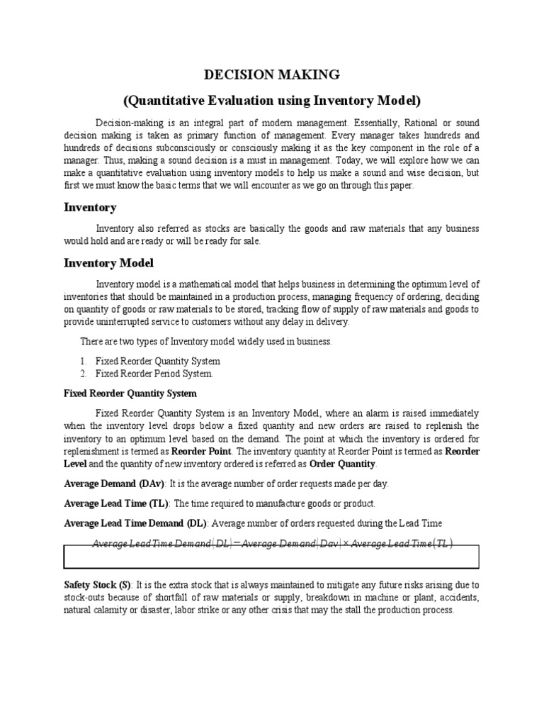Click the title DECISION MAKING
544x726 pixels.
click(272, 74)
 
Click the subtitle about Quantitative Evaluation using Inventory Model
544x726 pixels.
click(272, 100)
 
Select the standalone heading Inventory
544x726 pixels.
click(90, 208)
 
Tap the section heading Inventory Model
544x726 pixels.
click(108, 263)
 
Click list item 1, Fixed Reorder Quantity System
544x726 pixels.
click(157, 361)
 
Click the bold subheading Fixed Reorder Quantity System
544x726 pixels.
click(130, 393)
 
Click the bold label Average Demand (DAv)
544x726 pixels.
click(114, 484)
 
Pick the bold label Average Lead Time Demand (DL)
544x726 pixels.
click(135, 523)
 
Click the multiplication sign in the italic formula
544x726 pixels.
click(345, 544)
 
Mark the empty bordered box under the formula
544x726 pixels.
click(271, 557)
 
